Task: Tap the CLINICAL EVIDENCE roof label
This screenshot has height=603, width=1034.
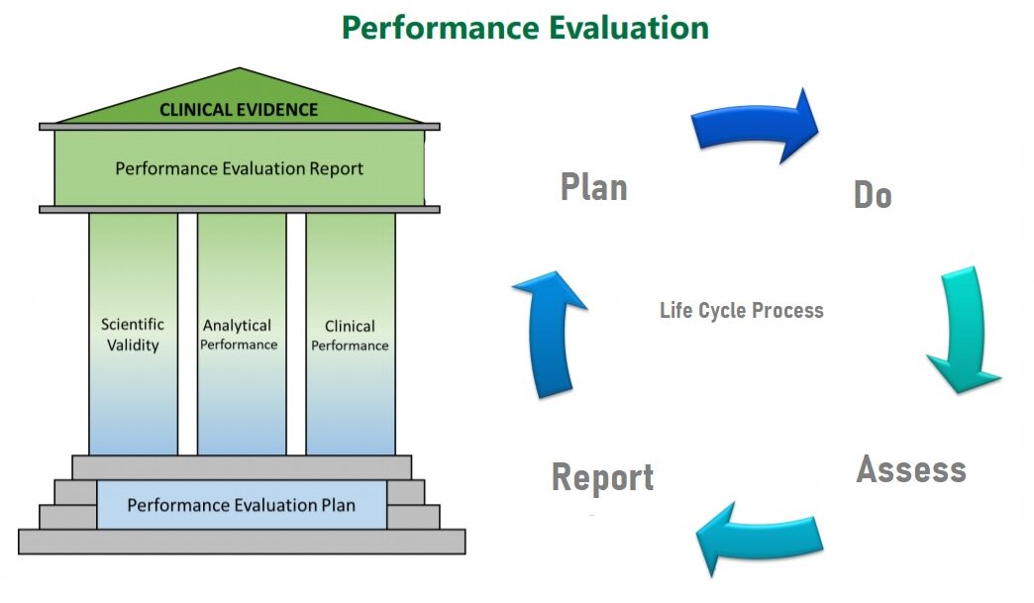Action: click(239, 110)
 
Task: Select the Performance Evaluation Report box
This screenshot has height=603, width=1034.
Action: click(239, 168)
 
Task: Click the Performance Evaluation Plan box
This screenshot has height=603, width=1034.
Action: click(241, 505)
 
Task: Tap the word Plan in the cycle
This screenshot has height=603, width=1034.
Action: click(593, 187)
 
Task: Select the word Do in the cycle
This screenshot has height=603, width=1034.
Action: click(873, 195)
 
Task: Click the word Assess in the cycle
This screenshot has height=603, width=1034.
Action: click(910, 468)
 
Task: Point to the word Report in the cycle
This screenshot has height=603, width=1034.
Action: click(602, 477)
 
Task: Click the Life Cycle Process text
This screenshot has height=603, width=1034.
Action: click(741, 310)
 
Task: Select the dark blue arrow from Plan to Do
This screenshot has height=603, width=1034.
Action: click(758, 127)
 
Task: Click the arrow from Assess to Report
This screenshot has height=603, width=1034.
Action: click(758, 540)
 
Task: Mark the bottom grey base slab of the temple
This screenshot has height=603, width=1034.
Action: click(241, 542)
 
